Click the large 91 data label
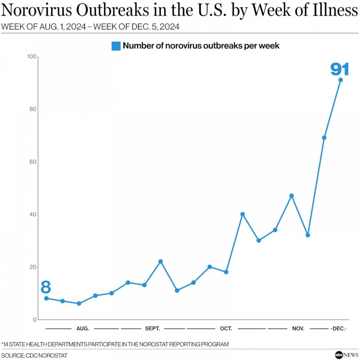[x=339, y=69]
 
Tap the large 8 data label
[x=46, y=287]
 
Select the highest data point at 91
[x=340, y=80]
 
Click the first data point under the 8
[x=46, y=298]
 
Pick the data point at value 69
[x=324, y=138]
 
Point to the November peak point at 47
[x=291, y=196]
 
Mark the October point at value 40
[x=242, y=214]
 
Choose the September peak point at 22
[x=160, y=261]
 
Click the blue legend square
[x=116, y=46]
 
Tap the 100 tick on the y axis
[x=32, y=57]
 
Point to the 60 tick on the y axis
[x=33, y=162]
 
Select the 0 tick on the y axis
[x=34, y=320]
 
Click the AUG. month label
[x=83, y=328]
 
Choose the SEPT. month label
[x=152, y=328]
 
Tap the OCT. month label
[x=226, y=328]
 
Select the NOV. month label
[x=298, y=328]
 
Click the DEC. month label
[x=338, y=328]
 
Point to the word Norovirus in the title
[x=37, y=12]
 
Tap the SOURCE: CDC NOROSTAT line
[x=34, y=355]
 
